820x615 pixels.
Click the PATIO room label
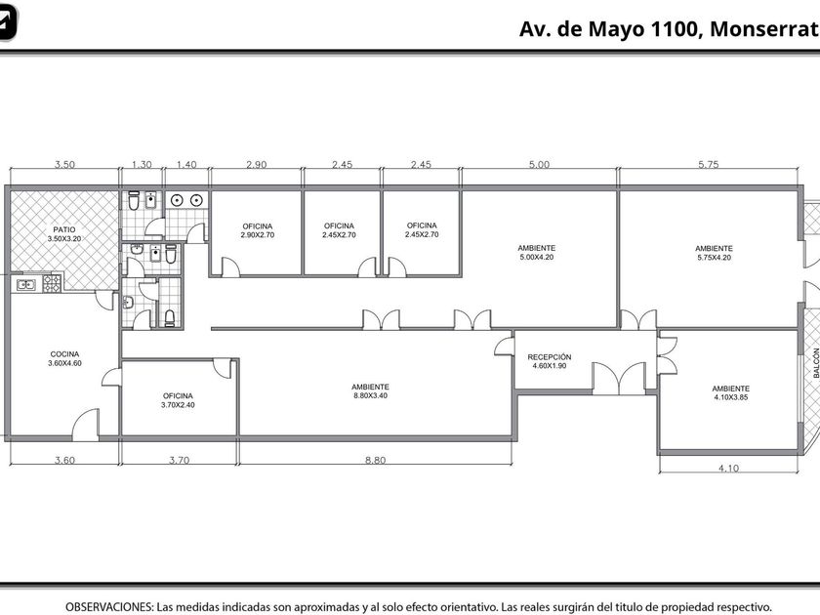[x=64, y=233]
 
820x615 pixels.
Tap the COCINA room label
[x=64, y=358]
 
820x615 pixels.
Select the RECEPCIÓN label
[x=549, y=361]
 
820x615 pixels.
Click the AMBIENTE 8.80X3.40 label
[x=370, y=391]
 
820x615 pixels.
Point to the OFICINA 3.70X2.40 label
[x=178, y=400]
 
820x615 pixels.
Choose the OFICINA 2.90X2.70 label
[x=258, y=230]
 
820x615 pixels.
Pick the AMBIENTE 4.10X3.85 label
[x=730, y=392]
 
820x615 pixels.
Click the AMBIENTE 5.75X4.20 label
[x=714, y=253]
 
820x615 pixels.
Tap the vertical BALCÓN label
[x=816, y=363]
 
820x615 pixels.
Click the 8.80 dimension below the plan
[x=375, y=460]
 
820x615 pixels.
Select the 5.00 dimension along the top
[x=539, y=164]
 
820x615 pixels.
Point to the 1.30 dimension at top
[x=142, y=164]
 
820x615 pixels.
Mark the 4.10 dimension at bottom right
[x=728, y=468]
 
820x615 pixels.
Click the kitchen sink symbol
[x=26, y=285]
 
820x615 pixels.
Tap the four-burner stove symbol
[x=52, y=283]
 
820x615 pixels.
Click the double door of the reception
[x=619, y=378]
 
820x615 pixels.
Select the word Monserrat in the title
[x=764, y=28]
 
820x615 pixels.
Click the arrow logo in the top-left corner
[x=8, y=21]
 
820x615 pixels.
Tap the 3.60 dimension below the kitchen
[x=64, y=460]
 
